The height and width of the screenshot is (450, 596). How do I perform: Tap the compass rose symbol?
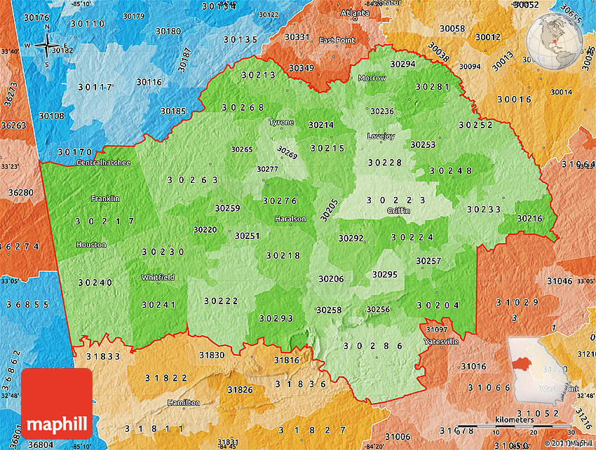pos(47,46)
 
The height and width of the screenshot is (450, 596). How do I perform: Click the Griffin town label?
pos(397,210)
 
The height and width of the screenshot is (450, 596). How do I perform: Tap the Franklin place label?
pos(105,198)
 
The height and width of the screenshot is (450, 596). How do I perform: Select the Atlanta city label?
pos(354,13)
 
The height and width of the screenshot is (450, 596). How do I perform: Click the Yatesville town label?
pos(441,341)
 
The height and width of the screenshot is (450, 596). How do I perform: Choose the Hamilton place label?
pos(183,402)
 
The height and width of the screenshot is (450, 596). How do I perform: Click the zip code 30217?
pos(105,221)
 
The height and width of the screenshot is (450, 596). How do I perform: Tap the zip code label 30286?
pos(373,346)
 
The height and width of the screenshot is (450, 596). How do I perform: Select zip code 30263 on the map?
pos(193,179)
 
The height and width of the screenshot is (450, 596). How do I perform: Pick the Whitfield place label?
pos(158,277)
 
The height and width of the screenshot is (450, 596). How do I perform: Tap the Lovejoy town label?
pos(381,135)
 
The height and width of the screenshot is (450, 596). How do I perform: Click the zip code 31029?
pos(517,302)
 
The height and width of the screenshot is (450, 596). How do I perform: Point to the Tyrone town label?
pos(281,122)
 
